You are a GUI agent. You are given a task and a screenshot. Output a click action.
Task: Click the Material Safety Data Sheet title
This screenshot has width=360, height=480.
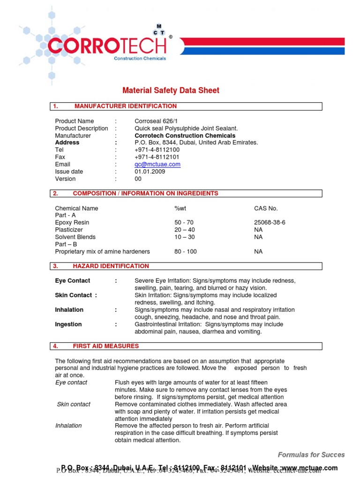point(171,90)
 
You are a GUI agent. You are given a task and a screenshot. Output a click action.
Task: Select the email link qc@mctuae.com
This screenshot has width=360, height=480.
point(157,165)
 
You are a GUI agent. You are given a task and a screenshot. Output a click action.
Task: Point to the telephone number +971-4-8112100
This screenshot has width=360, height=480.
point(157,150)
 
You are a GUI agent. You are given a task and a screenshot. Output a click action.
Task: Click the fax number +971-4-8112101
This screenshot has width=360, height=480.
point(157,157)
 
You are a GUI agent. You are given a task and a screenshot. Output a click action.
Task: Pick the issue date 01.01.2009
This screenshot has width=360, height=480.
point(150,172)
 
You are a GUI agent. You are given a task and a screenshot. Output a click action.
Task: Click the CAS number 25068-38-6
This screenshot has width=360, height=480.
point(270,223)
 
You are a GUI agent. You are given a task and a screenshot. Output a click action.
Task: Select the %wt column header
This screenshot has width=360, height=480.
point(180,208)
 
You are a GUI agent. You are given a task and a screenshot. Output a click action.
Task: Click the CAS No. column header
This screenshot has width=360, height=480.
point(266,208)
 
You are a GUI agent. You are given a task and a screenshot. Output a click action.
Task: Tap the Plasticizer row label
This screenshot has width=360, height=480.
point(69,230)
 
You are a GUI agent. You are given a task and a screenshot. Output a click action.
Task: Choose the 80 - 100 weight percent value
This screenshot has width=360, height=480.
point(186,252)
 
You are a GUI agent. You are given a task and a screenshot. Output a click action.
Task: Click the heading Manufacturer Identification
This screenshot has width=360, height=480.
point(125,106)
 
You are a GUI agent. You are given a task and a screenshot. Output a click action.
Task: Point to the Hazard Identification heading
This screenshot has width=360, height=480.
point(111,266)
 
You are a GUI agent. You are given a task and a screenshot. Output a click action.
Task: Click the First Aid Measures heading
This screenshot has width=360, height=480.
point(105,346)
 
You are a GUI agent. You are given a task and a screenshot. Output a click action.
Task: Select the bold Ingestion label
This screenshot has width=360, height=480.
point(68,324)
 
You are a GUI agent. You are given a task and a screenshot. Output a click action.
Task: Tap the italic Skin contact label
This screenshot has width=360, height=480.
point(74,404)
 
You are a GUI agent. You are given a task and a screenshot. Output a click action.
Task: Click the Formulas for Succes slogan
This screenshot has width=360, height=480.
point(311,455)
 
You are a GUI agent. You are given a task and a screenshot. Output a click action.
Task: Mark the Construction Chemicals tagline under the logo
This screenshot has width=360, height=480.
point(140,59)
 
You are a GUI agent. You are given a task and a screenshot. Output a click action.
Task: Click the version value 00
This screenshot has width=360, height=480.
point(138,179)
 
